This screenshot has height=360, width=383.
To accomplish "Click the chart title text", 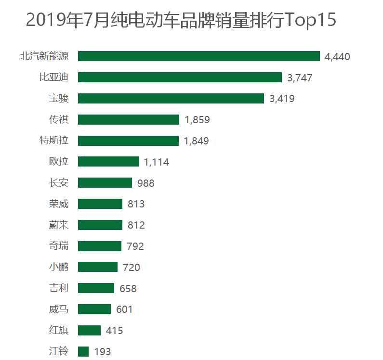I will click(x=181, y=21).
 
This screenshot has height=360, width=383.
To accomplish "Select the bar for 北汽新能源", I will click(x=198, y=56).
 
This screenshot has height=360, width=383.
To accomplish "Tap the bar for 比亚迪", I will click(x=180, y=77).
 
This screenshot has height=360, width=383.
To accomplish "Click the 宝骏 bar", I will click(x=171, y=99).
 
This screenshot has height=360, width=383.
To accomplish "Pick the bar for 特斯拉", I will click(x=128, y=141).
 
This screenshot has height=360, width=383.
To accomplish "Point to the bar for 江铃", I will click(x=83, y=351).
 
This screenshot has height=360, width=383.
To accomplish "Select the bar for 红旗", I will click(x=89, y=330).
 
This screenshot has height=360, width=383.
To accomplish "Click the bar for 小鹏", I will click(x=98, y=267).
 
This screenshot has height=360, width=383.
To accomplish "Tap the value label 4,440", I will click(x=337, y=57).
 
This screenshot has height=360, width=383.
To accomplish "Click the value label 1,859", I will click(x=197, y=120).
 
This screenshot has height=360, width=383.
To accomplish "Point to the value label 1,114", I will click(x=157, y=162).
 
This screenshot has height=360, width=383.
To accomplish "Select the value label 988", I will click(x=145, y=183).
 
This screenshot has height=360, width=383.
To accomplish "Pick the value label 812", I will click(x=136, y=225).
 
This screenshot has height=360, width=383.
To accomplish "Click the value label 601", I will click(x=124, y=309).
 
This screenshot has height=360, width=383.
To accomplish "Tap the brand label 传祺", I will click(x=59, y=120).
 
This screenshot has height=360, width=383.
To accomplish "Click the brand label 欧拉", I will click(x=59, y=162).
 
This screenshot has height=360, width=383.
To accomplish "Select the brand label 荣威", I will click(x=59, y=204).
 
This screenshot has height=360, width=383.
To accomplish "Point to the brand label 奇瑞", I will click(x=59, y=246).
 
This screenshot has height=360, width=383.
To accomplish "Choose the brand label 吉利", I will click(x=59, y=288).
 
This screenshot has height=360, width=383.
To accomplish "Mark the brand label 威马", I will click(x=59, y=309).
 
